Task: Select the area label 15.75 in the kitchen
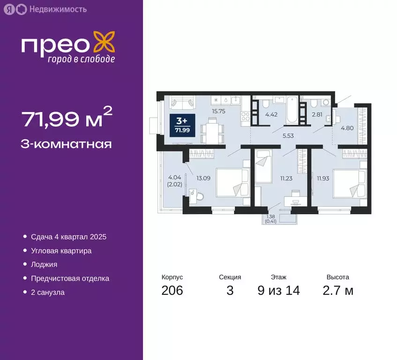pyautogui.click(x=219, y=112)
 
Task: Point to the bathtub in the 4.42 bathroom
pyautogui.click(x=292, y=109)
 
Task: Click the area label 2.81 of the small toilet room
pyautogui.click(x=317, y=114)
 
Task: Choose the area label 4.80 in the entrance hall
pyautogui.click(x=347, y=127)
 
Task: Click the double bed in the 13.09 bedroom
pyautogui.click(x=232, y=182)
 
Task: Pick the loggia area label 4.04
pyautogui.click(x=174, y=177)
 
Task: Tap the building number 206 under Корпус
pyautogui.click(x=172, y=291)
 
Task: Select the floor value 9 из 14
pyautogui.click(x=278, y=291)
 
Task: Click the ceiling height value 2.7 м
pyautogui.click(x=337, y=291)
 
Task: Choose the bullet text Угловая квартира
pyautogui.click(x=61, y=251)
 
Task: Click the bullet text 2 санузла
pyautogui.click(x=47, y=292)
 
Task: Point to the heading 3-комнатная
pyautogui.click(x=67, y=143)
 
